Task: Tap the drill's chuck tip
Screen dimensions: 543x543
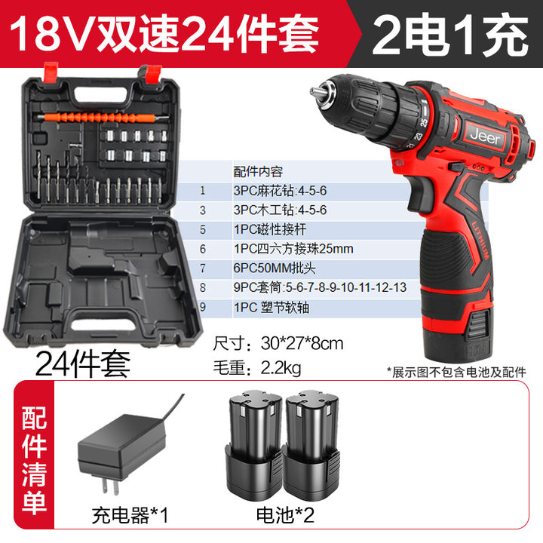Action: click(315, 92)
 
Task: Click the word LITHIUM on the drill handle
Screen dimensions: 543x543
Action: click(480, 241)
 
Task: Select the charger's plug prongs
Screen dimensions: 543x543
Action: click(110, 485)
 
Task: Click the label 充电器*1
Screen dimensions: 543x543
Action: click(130, 515)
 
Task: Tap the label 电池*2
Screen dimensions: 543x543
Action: click(285, 515)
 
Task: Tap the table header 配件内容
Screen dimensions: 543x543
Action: click(258, 171)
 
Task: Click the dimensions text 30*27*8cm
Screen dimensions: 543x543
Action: click(302, 344)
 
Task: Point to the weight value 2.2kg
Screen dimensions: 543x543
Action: click(281, 368)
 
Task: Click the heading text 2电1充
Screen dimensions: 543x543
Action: click(449, 35)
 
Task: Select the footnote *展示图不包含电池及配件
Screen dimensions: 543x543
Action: click(456, 373)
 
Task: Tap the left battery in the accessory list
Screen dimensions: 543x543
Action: click(255, 446)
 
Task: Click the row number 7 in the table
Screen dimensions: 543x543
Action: click(203, 268)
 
